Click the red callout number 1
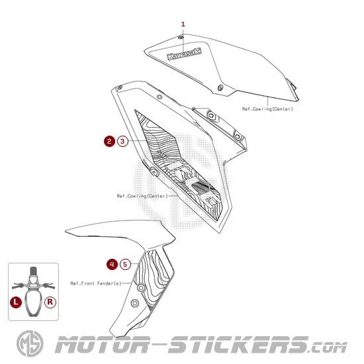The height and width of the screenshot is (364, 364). [x=183, y=24]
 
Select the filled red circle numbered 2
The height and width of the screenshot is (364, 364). [x=110, y=141]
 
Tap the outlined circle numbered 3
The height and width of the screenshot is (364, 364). [x=122, y=141]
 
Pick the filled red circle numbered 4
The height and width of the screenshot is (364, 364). [x=112, y=264]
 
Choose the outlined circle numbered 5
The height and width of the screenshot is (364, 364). [x=125, y=265]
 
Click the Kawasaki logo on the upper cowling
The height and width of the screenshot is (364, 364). [x=185, y=54]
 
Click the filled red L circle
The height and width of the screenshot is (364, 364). [x=16, y=302]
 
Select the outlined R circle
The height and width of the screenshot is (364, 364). [x=50, y=302]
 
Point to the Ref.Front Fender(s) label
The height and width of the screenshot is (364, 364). [x=96, y=283]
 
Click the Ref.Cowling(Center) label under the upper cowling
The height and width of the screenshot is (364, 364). [x=267, y=109]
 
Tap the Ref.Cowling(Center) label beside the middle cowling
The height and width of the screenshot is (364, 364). [x=142, y=196]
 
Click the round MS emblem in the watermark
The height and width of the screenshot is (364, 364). [x=30, y=343]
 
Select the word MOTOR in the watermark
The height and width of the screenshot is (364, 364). [x=102, y=345]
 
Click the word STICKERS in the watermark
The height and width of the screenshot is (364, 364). [x=238, y=345]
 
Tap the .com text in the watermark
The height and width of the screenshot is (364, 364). [x=328, y=347]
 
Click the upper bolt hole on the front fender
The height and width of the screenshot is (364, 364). [x=141, y=288]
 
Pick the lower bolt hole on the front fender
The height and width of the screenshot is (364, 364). [x=135, y=303]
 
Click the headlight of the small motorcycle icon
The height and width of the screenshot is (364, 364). [x=34, y=279]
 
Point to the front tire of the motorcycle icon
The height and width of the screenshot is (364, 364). [x=34, y=271]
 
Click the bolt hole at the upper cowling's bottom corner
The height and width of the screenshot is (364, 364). [x=220, y=87]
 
